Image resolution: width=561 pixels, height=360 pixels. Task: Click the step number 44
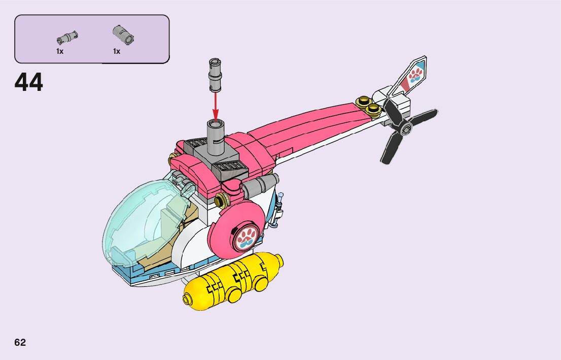coord(28,82)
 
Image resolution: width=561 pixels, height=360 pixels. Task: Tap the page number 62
coord(20,342)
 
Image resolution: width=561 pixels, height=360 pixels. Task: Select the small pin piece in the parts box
coord(67,37)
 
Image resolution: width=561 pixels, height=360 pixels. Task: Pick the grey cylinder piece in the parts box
coord(123,35)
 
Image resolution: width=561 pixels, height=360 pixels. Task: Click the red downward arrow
coord(216,106)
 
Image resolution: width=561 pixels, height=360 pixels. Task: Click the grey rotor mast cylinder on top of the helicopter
coord(216,138)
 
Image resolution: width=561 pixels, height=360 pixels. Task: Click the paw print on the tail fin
coord(415,75)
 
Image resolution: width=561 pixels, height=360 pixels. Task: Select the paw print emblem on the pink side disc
coord(246,239)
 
